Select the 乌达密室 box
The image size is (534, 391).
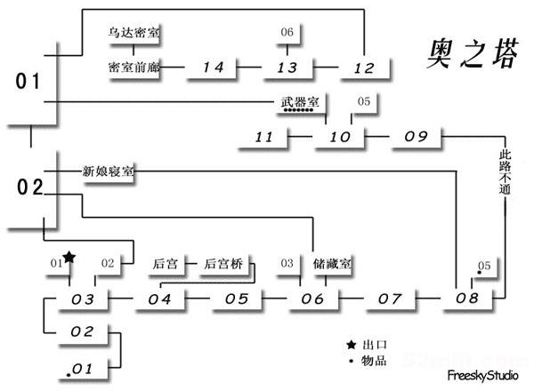pos(134,33)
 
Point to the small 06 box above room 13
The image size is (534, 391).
pos(287,33)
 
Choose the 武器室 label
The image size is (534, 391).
pos(295,102)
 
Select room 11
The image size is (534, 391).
pos(263,137)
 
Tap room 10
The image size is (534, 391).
pos(340,137)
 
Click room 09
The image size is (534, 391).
pos(416,136)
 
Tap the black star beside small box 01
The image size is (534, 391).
pos(70,258)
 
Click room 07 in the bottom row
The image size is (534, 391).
pos(390,299)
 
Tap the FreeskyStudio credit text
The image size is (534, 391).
pos(482,375)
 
